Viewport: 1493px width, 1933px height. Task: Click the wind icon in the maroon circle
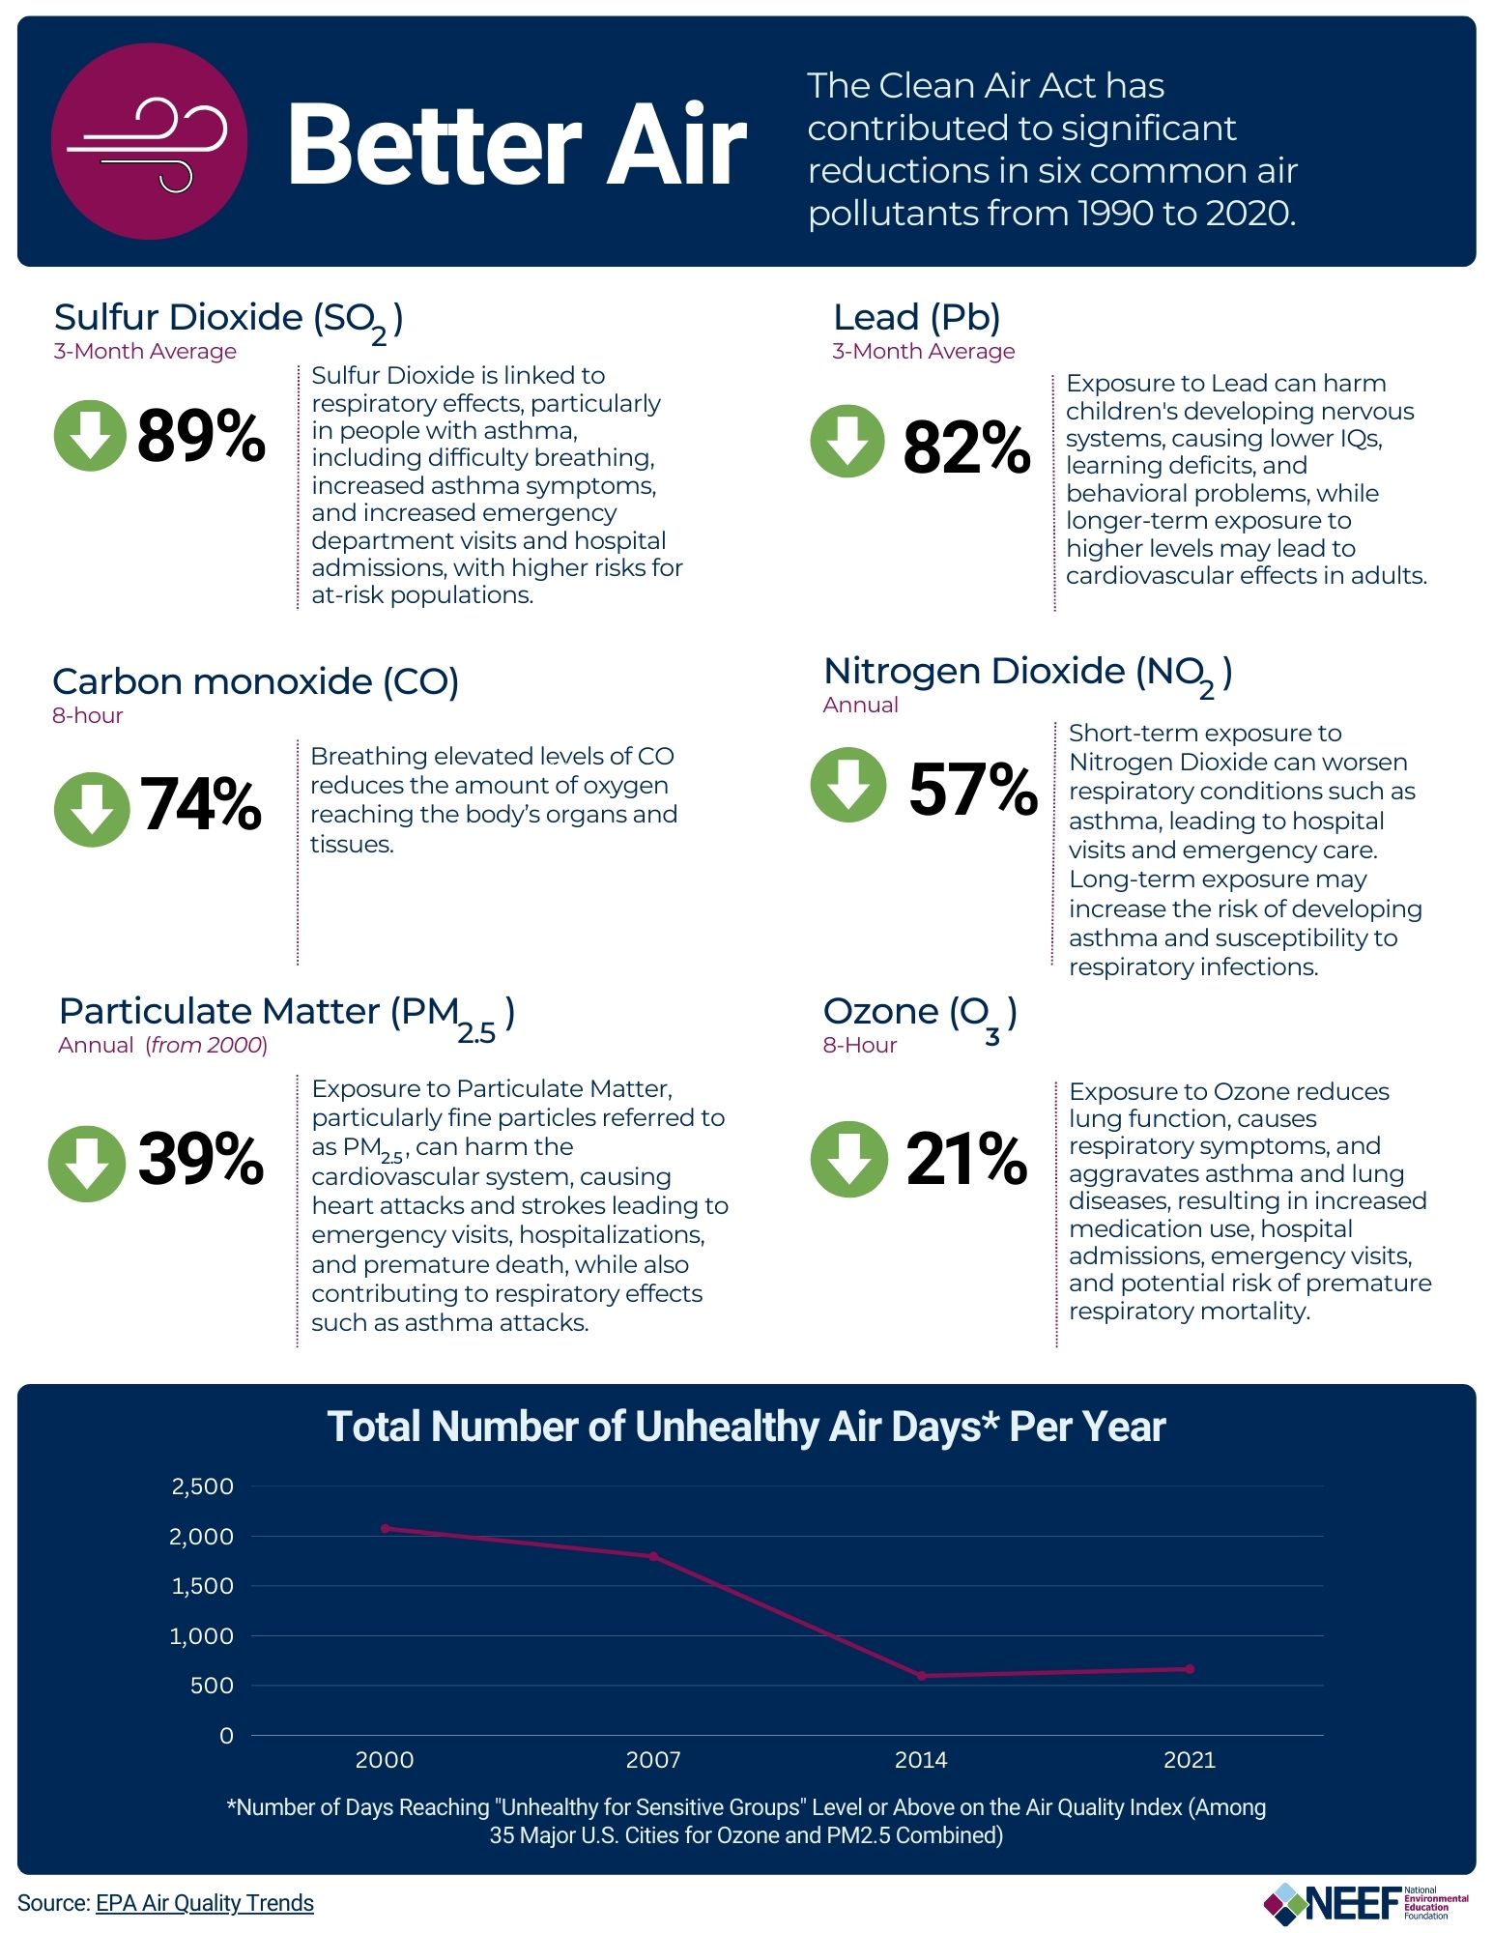tap(148, 143)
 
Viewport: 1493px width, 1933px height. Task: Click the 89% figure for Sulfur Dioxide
tap(201, 436)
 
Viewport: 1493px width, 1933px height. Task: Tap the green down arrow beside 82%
tap(847, 441)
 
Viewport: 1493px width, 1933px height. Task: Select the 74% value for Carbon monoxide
tap(201, 805)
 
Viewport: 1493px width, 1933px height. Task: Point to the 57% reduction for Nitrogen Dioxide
tap(972, 789)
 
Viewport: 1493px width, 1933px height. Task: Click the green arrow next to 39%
tap(87, 1163)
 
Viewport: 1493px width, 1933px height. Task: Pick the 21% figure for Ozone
tap(965, 1159)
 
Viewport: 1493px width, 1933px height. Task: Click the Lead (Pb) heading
tap(916, 317)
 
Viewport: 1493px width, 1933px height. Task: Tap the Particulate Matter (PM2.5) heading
tap(286, 1013)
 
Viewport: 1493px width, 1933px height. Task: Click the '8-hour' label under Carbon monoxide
tap(88, 716)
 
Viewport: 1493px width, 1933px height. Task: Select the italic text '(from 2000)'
tap(207, 1045)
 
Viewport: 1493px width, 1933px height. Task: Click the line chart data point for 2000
tap(386, 1528)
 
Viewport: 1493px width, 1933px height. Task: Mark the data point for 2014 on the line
tap(921, 1676)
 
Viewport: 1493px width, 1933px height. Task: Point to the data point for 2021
tap(1190, 1669)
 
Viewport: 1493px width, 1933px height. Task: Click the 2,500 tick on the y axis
tap(202, 1486)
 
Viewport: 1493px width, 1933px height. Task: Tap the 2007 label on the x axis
tap(653, 1760)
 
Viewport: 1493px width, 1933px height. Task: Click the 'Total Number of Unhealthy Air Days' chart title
tap(746, 1427)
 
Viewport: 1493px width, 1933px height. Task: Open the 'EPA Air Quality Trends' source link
tap(204, 1903)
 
